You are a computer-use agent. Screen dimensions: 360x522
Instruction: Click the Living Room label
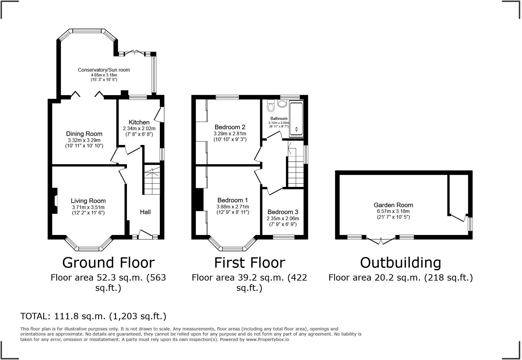tap(88, 201)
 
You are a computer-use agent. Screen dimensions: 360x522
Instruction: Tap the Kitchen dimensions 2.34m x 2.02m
tap(139, 128)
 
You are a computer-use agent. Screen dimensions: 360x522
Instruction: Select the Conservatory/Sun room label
tap(104, 70)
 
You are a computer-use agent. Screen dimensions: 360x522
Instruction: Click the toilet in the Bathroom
tap(271, 106)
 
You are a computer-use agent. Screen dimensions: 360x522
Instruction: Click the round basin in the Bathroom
tap(282, 104)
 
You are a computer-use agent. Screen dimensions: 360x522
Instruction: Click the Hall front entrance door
tap(145, 235)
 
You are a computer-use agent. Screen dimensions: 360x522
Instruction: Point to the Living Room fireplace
tap(55, 201)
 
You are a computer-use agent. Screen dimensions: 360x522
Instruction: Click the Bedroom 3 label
tap(283, 212)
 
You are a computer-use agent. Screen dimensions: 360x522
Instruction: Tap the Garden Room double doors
tap(381, 240)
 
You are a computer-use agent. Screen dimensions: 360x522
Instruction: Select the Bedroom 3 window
tap(284, 237)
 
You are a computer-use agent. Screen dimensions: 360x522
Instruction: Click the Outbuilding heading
tap(401, 263)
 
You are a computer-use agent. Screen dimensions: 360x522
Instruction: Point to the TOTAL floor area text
tap(93, 316)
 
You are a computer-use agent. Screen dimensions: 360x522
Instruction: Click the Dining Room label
tap(84, 134)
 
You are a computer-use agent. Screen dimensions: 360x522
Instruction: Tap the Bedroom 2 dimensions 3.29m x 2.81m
tap(230, 133)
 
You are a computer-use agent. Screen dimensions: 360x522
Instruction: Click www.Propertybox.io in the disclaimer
tap(267, 339)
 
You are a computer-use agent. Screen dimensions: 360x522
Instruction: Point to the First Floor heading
tap(250, 263)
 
